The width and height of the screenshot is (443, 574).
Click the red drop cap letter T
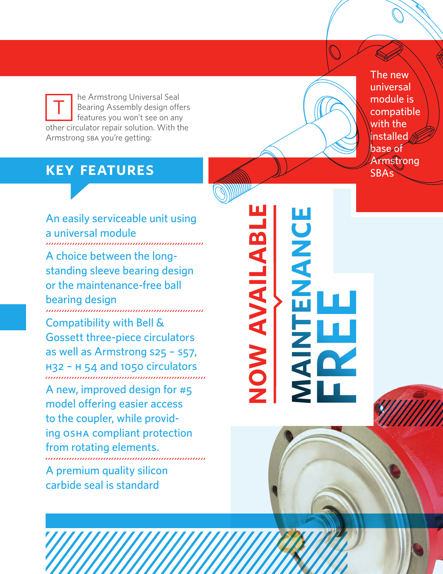(x=59, y=107)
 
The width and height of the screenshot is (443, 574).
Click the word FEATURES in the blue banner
(x=117, y=170)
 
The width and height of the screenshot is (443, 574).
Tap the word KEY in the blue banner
(x=60, y=170)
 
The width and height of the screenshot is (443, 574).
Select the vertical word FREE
(x=337, y=347)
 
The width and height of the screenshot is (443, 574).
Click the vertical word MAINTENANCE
(x=301, y=305)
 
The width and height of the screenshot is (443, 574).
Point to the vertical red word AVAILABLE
(x=258, y=270)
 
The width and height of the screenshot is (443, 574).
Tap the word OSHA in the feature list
(x=76, y=434)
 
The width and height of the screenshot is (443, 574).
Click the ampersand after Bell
(x=160, y=323)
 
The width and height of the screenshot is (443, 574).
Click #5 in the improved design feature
(x=186, y=390)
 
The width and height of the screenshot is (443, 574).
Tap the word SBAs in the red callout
(x=382, y=173)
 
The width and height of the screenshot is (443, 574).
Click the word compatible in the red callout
(x=395, y=112)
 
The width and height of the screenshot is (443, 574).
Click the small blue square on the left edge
(x=13, y=317)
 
